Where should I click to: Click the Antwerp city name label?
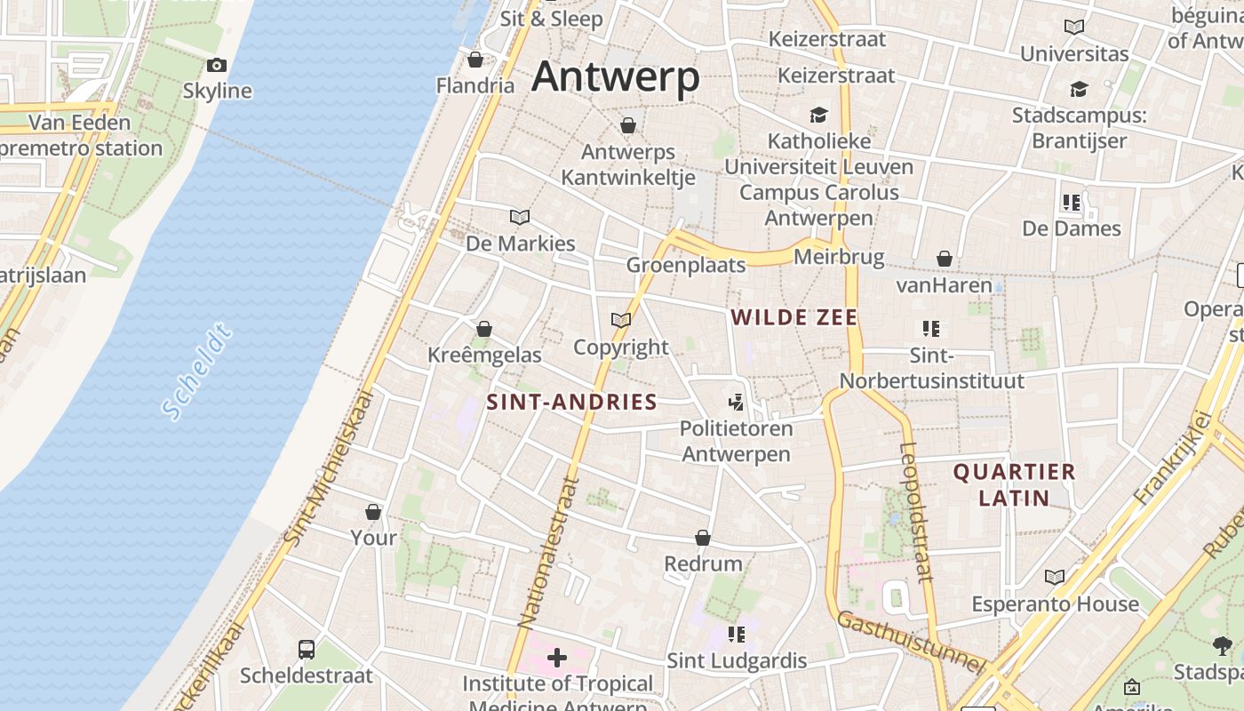[x=616, y=77]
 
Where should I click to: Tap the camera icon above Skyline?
[x=217, y=65]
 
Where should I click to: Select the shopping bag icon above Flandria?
[x=475, y=60]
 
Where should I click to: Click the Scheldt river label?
[x=197, y=372]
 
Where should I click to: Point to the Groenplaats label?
[x=686, y=265]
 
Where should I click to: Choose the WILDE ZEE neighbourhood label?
[x=793, y=317]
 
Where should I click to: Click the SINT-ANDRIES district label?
[x=572, y=402]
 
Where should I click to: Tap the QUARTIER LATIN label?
[x=1014, y=484]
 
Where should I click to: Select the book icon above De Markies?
[x=520, y=217]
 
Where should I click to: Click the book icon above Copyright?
[x=621, y=320]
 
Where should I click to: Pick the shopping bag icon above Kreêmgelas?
[x=484, y=329]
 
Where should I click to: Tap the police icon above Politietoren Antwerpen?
[x=736, y=402]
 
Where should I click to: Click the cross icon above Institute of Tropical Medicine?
[x=557, y=658]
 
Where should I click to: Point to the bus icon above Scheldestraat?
[x=307, y=649]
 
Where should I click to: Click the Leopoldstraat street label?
[x=915, y=511]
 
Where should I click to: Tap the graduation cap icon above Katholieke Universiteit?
[x=817, y=116]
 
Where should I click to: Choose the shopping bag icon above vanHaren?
[x=945, y=259]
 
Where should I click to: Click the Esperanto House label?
[x=1055, y=604]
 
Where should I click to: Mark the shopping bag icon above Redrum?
[x=703, y=538]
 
